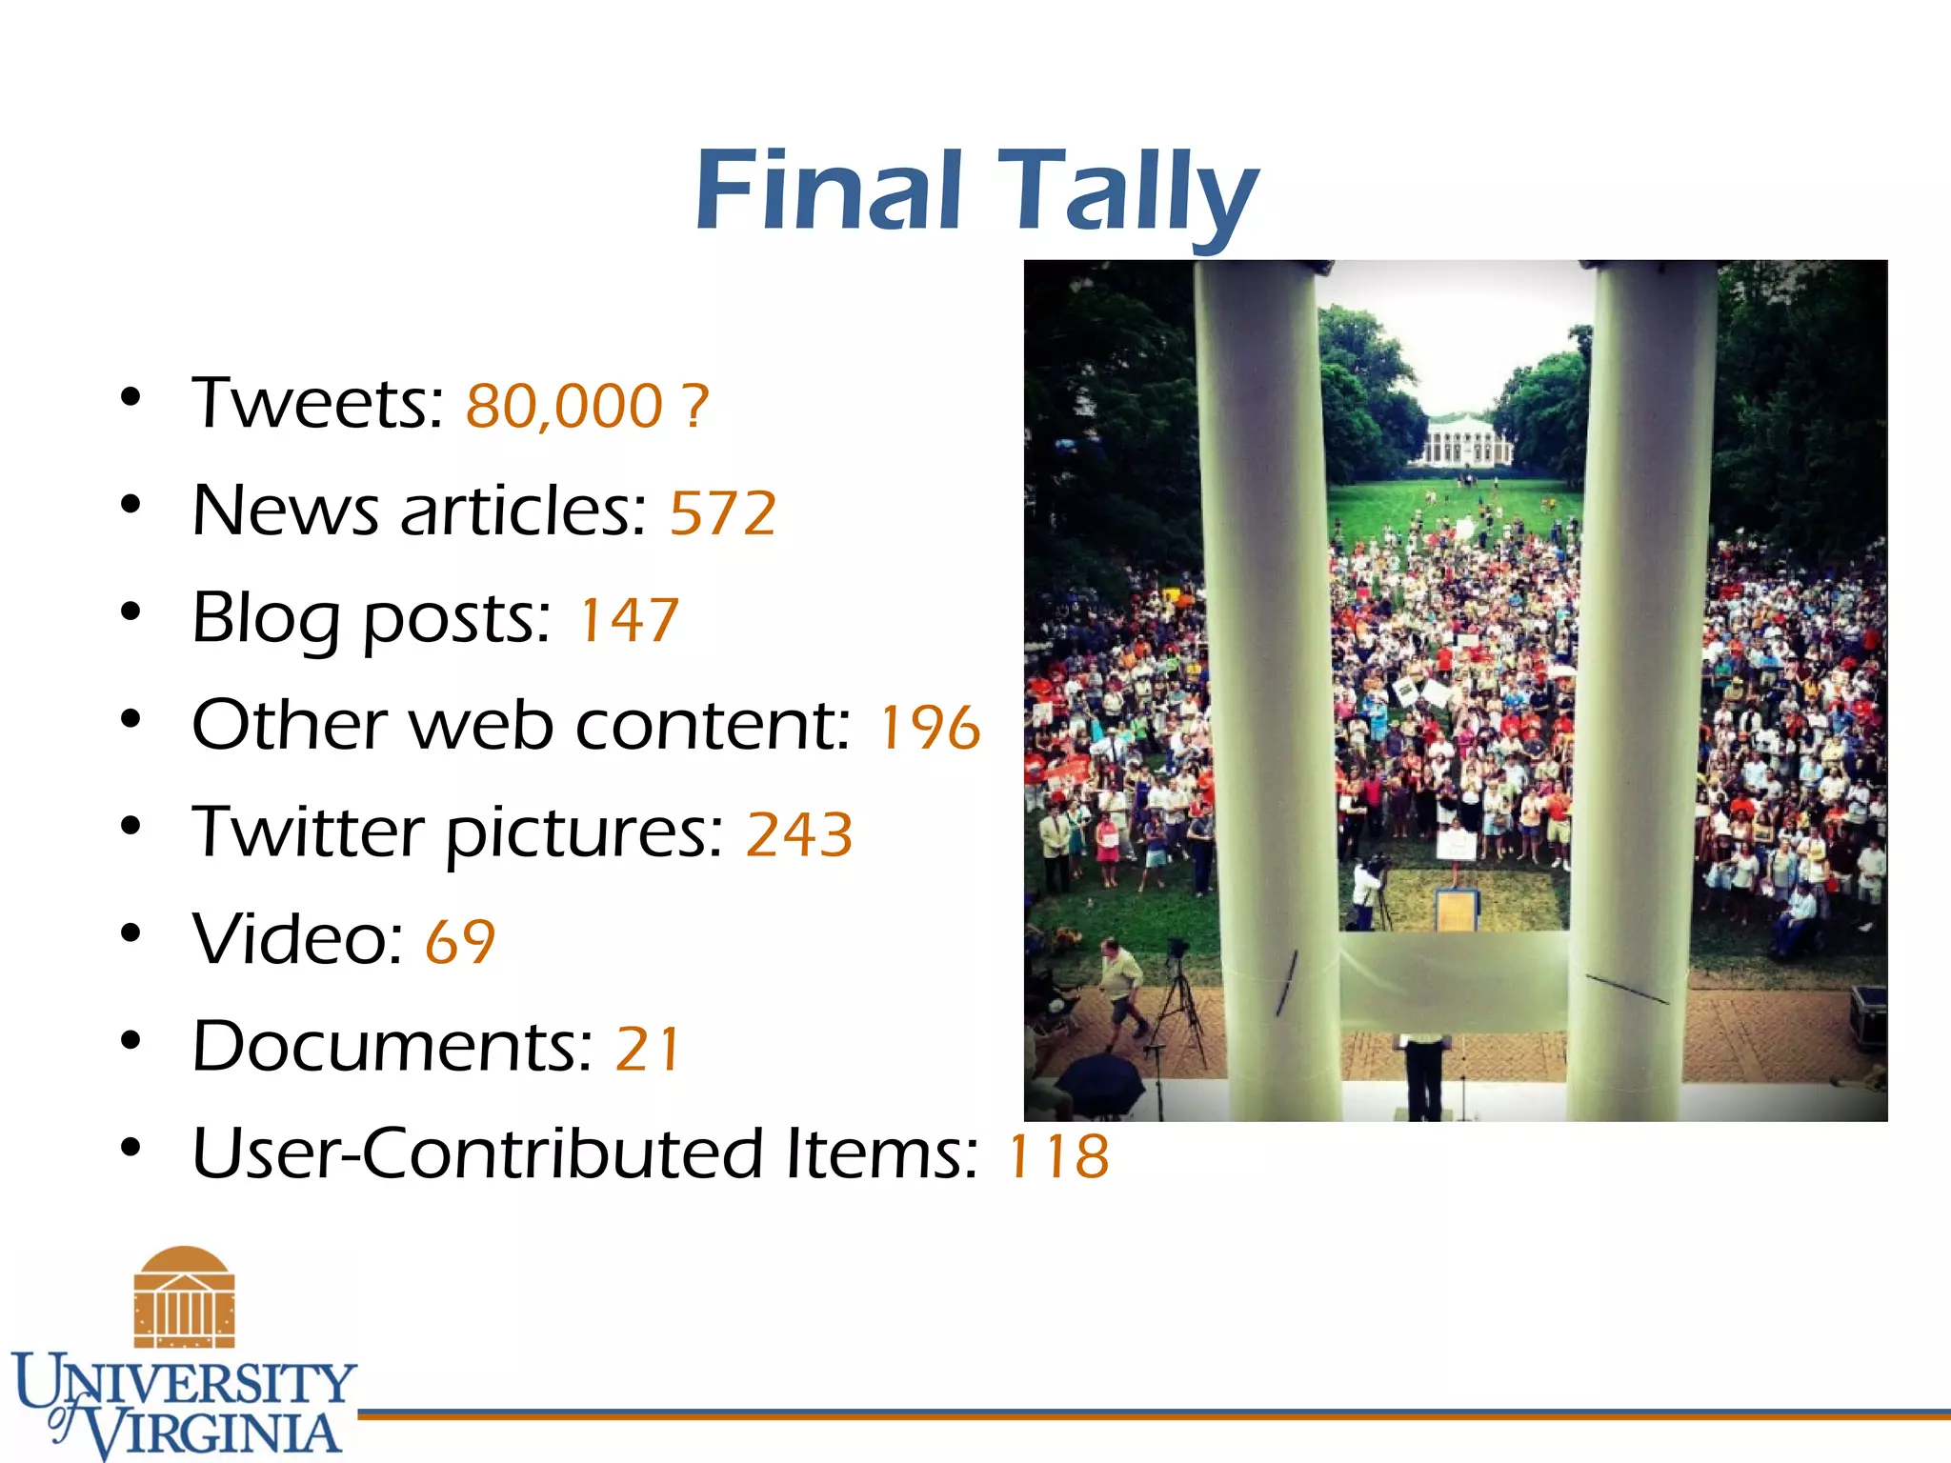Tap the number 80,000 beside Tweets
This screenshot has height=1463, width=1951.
pyautogui.click(x=564, y=406)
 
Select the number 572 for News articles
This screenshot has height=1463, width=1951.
pyautogui.click(x=723, y=513)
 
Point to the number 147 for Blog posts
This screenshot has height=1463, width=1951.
pyautogui.click(x=629, y=620)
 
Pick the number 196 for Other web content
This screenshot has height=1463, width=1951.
pyautogui.click(x=929, y=728)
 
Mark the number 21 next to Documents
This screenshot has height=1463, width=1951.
pyautogui.click(x=648, y=1049)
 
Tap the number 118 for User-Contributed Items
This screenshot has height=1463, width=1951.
pyautogui.click(x=1058, y=1155)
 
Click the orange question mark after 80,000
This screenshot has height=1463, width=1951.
pyautogui.click(x=695, y=406)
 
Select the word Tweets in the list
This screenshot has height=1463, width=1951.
pyautogui.click(x=317, y=404)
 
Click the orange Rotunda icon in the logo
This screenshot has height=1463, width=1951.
pyautogui.click(x=184, y=1296)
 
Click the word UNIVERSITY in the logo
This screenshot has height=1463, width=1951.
pyautogui.click(x=186, y=1382)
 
